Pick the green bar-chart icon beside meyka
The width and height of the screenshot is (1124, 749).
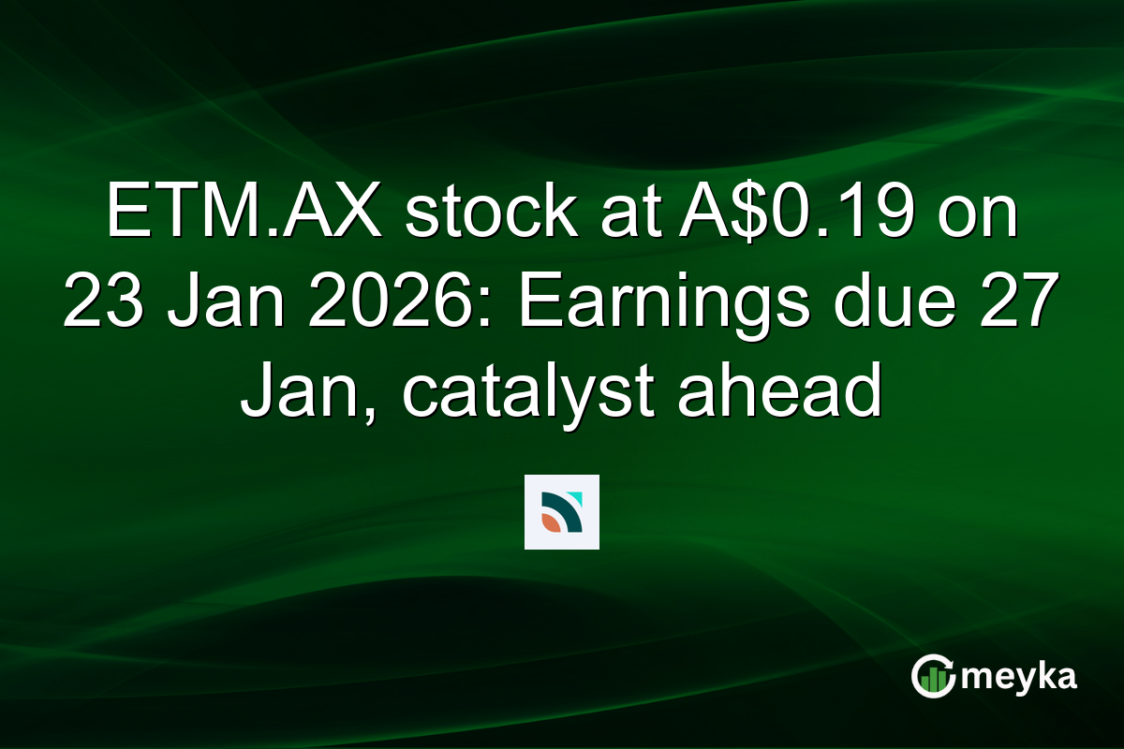[x=933, y=677]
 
